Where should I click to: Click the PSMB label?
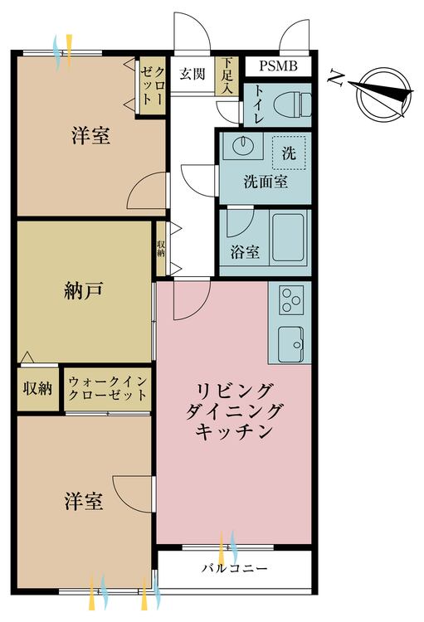pos(278,66)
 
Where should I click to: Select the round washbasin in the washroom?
pos(242,146)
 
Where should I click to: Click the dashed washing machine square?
pos(289,153)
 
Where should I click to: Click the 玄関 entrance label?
pos(193,74)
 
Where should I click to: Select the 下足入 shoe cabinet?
pos(227,75)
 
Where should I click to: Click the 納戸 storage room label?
pos(83,291)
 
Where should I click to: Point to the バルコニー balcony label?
pos(234,568)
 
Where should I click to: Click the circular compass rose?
pos(384,95)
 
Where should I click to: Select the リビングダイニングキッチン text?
pos(234,411)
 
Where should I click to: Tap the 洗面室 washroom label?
pos(266,182)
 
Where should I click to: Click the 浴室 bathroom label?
pos(245,252)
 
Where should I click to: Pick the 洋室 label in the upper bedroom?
pos(91,135)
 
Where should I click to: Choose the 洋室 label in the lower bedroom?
pos(84,501)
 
